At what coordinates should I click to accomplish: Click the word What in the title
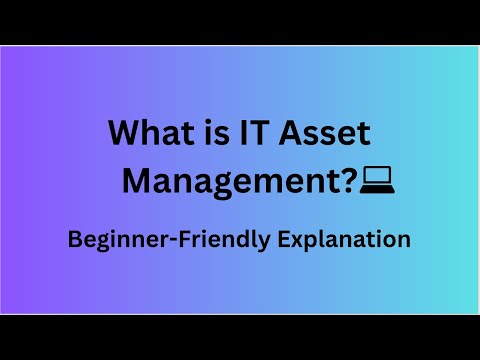click(144, 134)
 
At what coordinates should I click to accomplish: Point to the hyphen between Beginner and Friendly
click(154, 241)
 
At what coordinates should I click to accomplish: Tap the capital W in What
click(123, 134)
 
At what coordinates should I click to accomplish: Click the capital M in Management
click(137, 181)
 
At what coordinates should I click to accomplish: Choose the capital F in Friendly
click(166, 240)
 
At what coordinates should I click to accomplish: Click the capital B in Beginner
click(72, 240)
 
